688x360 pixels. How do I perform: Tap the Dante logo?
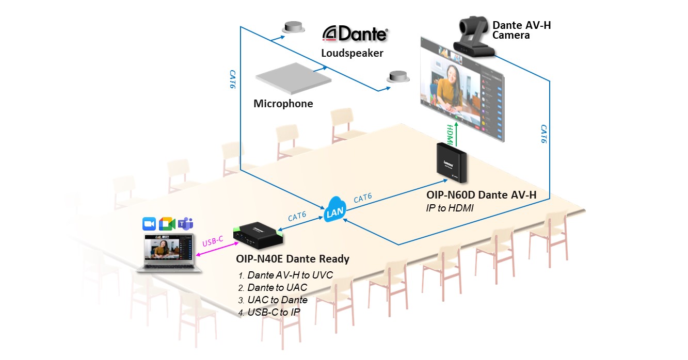355,34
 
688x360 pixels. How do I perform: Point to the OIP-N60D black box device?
452,162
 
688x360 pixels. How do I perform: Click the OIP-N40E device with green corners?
258,234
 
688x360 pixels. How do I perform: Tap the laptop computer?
168,253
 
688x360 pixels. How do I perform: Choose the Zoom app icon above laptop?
149,224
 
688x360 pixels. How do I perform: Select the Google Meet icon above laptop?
167,224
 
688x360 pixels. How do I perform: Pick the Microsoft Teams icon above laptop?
185,224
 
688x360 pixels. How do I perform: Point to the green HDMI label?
450,134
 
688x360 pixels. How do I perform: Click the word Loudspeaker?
352,53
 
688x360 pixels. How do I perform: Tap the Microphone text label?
283,104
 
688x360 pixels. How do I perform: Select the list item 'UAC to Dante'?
277,300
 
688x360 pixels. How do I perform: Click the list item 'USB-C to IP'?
274,312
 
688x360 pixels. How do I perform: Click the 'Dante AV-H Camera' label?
521,30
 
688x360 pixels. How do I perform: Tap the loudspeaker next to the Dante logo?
292,27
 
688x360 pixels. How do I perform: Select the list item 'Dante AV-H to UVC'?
290,275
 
